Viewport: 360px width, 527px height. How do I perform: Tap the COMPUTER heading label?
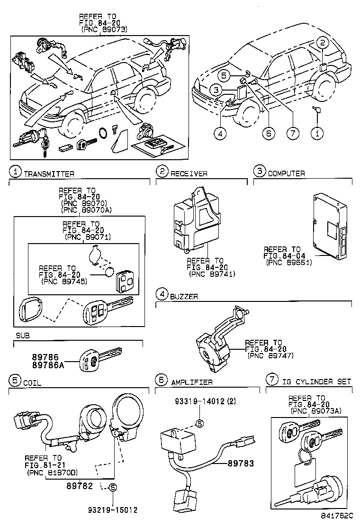point(286,173)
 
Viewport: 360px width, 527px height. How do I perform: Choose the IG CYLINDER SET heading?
point(315,382)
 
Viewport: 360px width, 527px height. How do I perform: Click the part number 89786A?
point(47,364)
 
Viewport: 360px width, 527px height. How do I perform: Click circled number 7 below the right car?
point(293,134)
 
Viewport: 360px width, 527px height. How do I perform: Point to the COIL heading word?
point(32,382)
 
